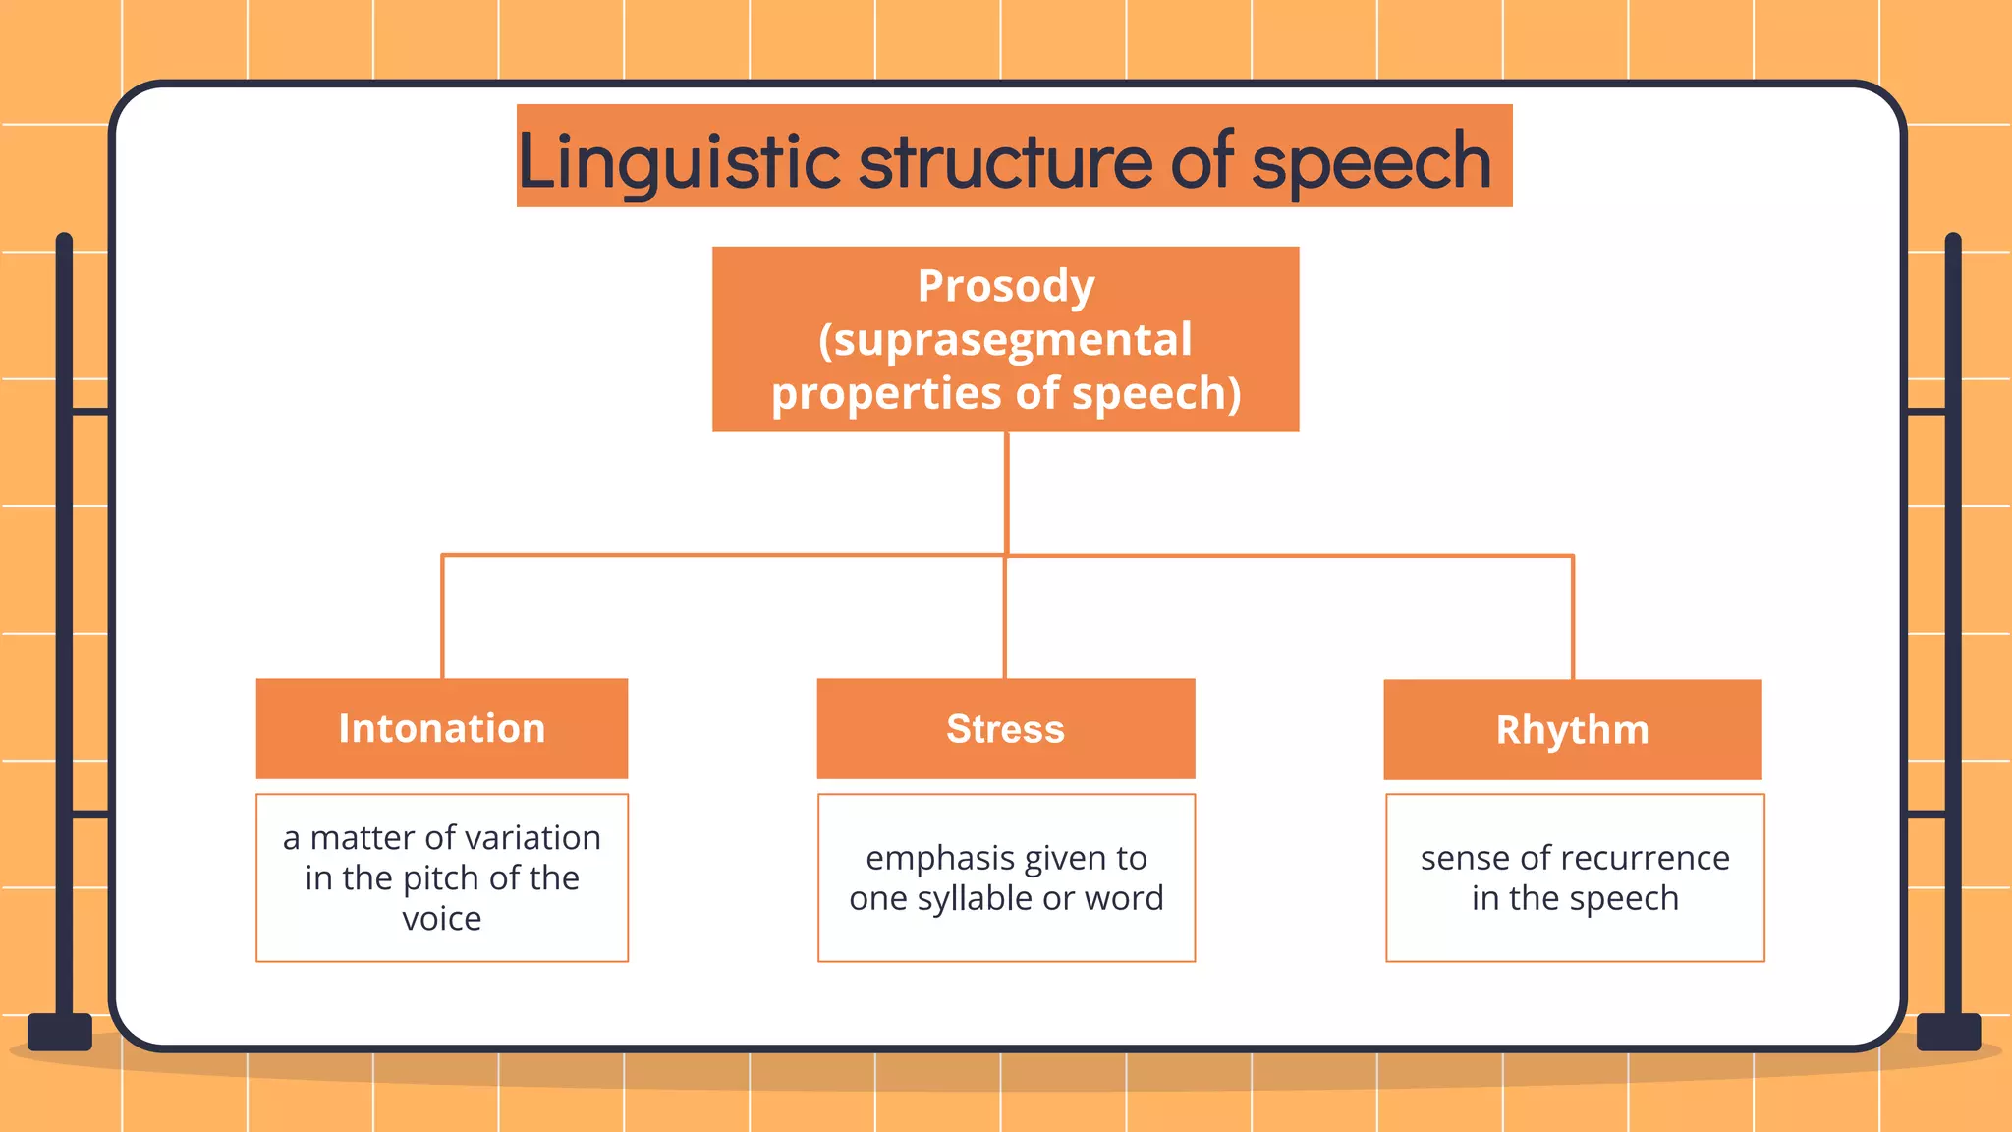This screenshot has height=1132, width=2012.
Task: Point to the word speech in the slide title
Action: tap(1371, 162)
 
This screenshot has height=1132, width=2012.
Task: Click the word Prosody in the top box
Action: tap(1005, 287)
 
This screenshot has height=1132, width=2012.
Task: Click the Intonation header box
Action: tap(441, 728)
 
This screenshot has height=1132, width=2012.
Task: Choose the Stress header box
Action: tap(1005, 728)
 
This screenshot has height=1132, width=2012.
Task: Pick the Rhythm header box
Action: tap(1572, 729)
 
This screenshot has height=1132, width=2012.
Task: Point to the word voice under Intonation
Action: tap(441, 918)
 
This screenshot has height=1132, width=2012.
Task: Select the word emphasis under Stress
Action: tap(926, 858)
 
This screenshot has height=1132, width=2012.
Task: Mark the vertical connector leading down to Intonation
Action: tap(442, 617)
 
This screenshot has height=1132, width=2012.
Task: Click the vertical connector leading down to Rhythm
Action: tap(1572, 617)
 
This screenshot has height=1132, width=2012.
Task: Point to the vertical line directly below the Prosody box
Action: tap(1006, 491)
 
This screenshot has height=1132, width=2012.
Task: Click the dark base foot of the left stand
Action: tap(60, 1032)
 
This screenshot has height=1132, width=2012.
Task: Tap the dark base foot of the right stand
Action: tap(1948, 1032)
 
